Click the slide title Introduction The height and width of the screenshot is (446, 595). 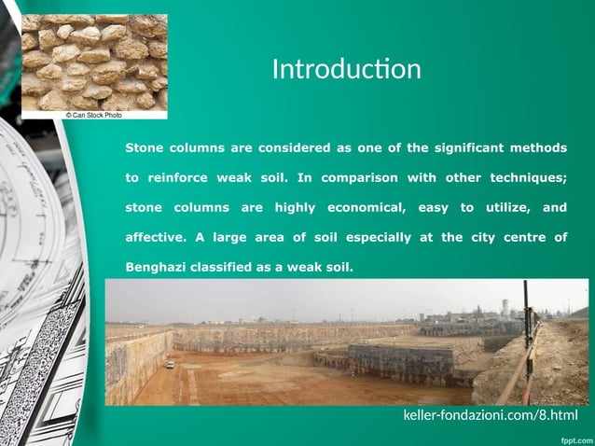coord(346,70)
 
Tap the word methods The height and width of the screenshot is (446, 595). coord(539,147)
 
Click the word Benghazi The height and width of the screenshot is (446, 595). coord(155,267)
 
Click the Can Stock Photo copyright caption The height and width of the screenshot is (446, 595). coord(93,115)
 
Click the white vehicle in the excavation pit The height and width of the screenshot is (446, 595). coord(170,365)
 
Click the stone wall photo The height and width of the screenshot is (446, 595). coord(93,61)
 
